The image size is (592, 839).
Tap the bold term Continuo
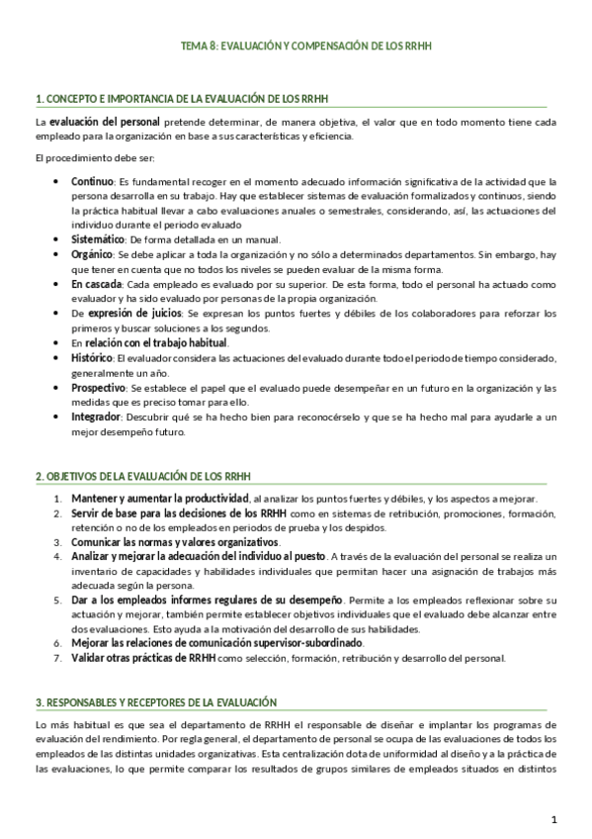coord(92,181)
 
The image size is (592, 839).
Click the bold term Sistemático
coord(97,239)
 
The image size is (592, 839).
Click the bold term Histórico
coord(93,356)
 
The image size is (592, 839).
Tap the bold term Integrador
coord(96,417)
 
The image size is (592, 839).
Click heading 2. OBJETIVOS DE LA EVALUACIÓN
coord(142,476)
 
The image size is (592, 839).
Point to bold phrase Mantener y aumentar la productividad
coord(159,498)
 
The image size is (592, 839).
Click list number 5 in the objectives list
coord(57,600)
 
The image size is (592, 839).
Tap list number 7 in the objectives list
coord(57,658)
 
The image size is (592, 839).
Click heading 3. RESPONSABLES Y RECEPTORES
coord(155,700)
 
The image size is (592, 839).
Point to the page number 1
coord(554,819)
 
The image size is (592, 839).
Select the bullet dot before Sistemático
coord(53,239)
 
